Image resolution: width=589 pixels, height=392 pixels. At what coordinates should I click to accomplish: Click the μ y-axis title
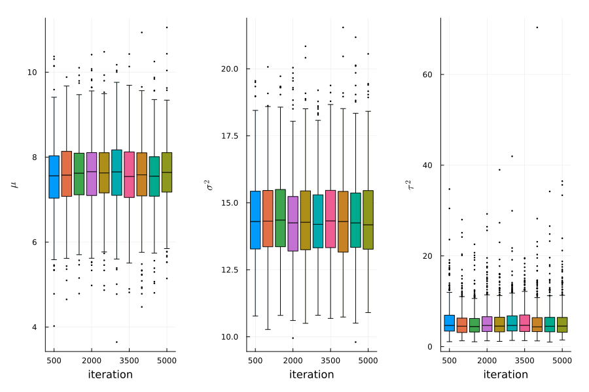click(x=14, y=185)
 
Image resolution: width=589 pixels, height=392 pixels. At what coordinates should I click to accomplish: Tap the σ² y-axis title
click(x=210, y=185)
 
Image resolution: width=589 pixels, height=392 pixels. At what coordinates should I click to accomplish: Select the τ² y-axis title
click(x=410, y=185)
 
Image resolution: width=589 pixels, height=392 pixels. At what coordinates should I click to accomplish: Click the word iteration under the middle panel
click(x=312, y=374)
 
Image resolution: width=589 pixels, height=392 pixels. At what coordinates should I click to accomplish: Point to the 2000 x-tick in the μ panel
click(x=91, y=360)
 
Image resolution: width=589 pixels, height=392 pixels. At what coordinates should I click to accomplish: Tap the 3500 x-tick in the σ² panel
click(x=330, y=360)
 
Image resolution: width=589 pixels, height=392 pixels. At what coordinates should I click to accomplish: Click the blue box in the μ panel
click(x=54, y=176)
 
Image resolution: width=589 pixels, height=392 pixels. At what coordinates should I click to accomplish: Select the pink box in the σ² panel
click(x=330, y=219)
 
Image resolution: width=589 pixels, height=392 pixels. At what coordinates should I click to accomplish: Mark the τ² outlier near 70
click(x=537, y=27)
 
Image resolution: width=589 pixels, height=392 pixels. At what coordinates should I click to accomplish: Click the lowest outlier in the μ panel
click(x=116, y=342)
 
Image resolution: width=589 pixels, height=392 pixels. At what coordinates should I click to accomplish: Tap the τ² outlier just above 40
click(x=512, y=156)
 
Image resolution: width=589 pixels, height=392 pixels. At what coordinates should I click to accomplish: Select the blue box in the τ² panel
click(x=449, y=323)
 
